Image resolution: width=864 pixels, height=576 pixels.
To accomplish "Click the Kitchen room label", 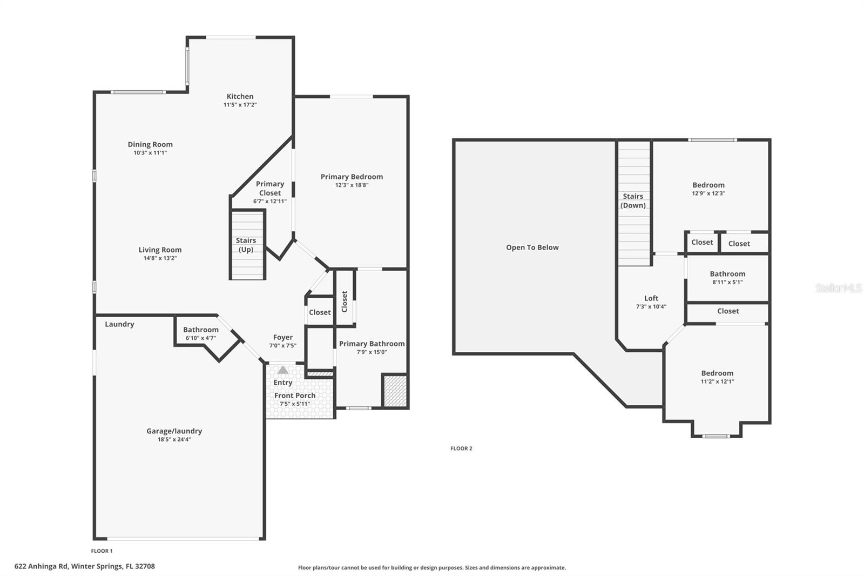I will tap(240, 97).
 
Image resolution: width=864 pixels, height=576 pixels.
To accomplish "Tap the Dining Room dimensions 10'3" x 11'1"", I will tap(150, 153).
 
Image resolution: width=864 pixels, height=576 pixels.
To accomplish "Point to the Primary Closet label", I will tap(269, 188).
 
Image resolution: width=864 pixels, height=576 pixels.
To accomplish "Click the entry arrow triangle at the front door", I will tap(283, 370).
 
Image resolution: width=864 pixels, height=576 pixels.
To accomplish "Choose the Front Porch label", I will tap(294, 396).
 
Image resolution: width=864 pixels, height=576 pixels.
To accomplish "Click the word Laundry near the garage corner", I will tap(119, 324).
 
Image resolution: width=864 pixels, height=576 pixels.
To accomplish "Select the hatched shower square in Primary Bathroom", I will tap(395, 390).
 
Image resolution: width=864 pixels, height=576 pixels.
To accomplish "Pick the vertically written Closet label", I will tap(345, 302).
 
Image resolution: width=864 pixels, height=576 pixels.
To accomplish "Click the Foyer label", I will tap(282, 337).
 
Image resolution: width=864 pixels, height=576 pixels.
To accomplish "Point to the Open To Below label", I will tap(532, 247).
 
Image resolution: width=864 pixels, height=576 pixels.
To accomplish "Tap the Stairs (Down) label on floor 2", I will tap(633, 200).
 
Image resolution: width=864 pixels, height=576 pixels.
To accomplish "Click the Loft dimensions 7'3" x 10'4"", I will tap(651, 306).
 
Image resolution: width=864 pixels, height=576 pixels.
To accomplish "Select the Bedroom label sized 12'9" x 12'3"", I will tap(708, 185).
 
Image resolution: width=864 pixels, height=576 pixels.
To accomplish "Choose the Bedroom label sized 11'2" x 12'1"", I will tap(717, 373).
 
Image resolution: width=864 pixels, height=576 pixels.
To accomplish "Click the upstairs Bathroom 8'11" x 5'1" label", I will tap(727, 274).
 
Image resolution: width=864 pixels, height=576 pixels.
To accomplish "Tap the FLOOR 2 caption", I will tap(461, 448).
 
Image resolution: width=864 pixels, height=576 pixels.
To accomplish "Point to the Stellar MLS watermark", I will tap(838, 288).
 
